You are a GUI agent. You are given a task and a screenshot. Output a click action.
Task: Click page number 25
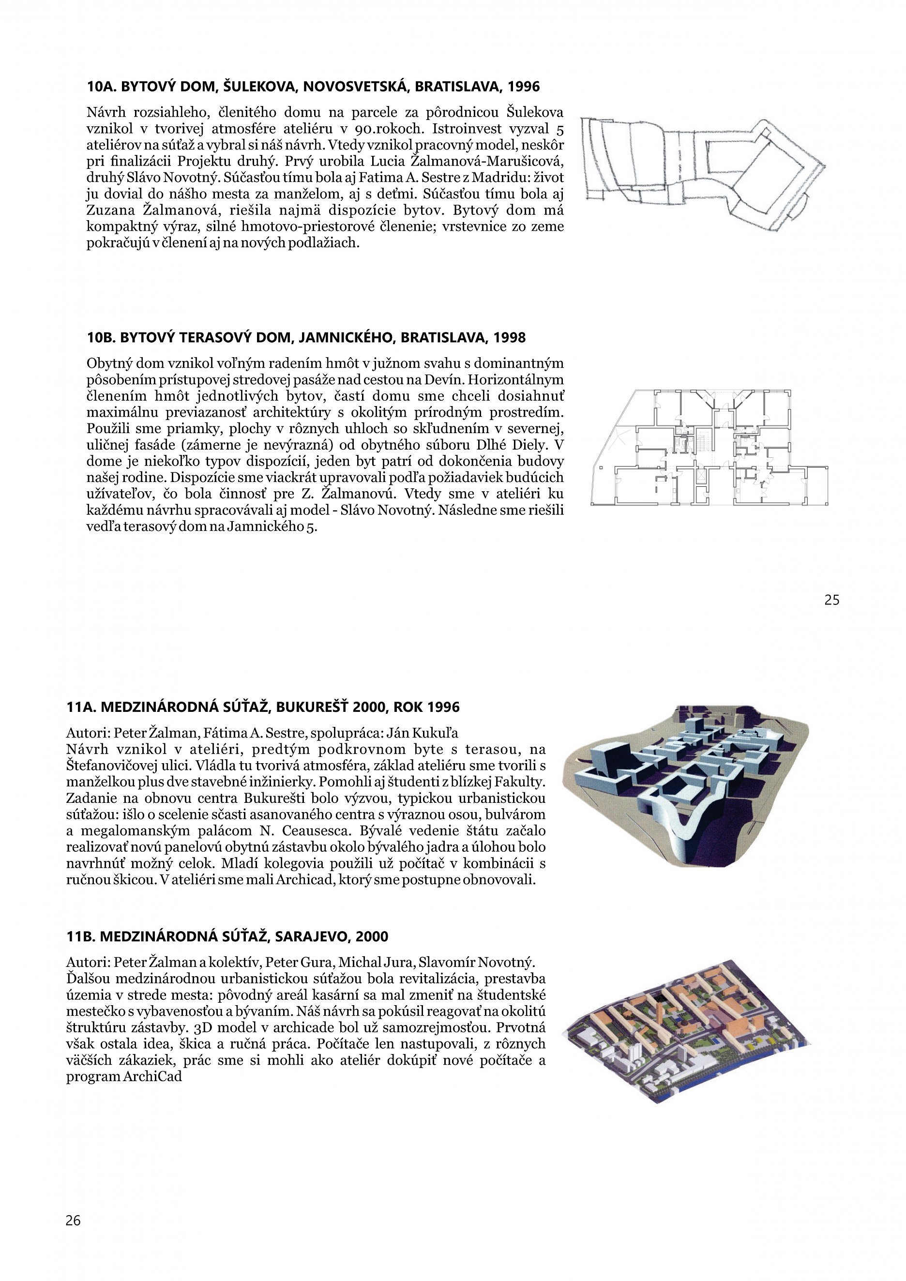[831, 600]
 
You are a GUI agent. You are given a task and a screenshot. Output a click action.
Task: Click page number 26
[73, 1220]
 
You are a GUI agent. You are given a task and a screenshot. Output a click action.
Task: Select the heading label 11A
[81, 708]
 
